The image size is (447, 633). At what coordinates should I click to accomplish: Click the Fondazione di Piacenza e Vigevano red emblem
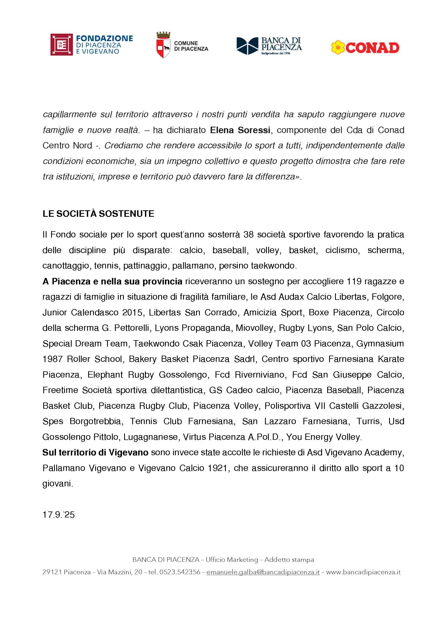pyautogui.click(x=61, y=45)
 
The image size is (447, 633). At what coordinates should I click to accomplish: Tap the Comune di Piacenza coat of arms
pyautogui.click(x=163, y=45)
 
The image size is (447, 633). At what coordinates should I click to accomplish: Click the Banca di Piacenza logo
pyautogui.click(x=269, y=46)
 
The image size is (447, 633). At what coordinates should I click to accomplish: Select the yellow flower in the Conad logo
pyautogui.click(x=338, y=47)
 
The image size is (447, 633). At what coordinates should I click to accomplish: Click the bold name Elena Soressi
pyautogui.click(x=240, y=130)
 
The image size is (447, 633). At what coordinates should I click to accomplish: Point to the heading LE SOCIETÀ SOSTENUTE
pyautogui.click(x=98, y=214)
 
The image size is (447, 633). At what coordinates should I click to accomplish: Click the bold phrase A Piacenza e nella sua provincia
pyautogui.click(x=112, y=281)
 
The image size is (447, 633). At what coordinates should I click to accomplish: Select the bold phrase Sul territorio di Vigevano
pyautogui.click(x=95, y=452)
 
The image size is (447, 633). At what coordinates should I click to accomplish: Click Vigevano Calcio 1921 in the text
pyautogui.click(x=184, y=468)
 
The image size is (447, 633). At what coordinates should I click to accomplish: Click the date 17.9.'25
pyautogui.click(x=58, y=515)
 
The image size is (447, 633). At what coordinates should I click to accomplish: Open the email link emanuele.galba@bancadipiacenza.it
pyautogui.click(x=263, y=572)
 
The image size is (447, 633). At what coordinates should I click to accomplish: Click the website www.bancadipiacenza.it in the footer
pyautogui.click(x=363, y=572)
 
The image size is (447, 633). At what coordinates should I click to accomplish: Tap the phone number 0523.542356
pyautogui.click(x=180, y=572)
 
